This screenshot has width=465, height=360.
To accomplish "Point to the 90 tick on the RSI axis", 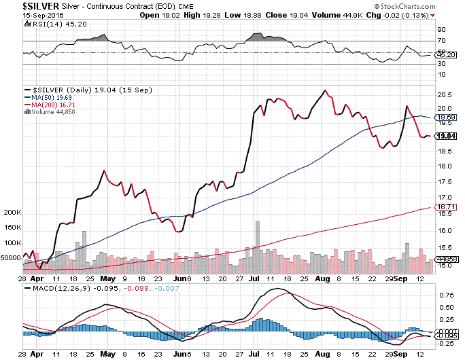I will point(441,30).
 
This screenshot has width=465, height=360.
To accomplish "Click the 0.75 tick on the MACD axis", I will point(447,295).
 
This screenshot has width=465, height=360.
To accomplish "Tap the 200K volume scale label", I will point(13,213).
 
